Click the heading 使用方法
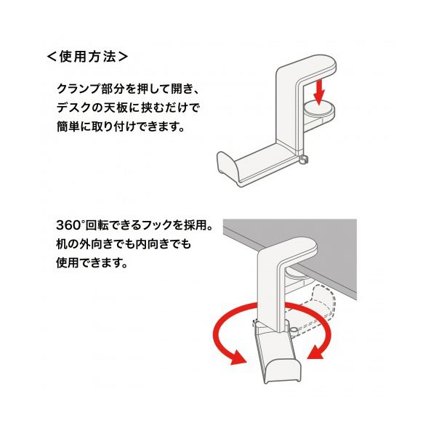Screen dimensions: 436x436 [87, 57]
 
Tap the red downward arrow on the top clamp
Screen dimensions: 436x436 [319, 92]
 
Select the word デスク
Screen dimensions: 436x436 [71, 108]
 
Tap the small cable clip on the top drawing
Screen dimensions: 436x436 [303, 160]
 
